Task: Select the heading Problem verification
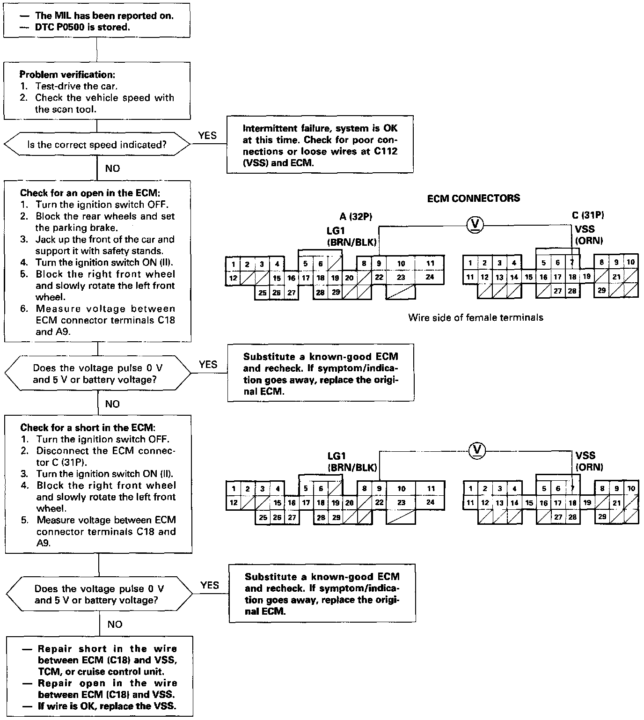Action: click(67, 74)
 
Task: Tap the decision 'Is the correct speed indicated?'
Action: click(97, 145)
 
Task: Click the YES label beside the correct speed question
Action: click(207, 136)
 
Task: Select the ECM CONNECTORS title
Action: click(473, 198)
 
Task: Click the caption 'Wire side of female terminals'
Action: click(476, 317)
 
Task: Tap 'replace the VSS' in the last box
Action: click(138, 706)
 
